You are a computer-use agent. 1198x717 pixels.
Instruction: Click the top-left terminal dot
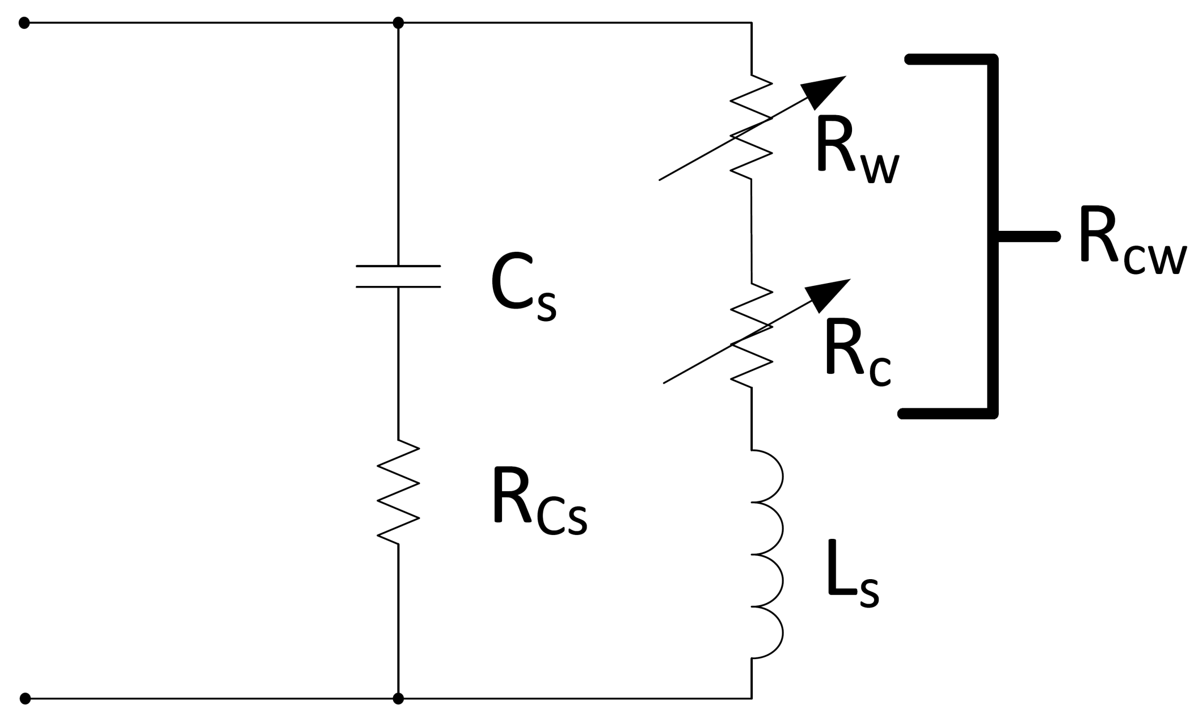point(24,23)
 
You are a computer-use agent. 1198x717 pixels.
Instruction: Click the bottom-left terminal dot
point(25,698)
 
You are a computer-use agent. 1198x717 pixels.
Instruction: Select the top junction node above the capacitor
point(398,23)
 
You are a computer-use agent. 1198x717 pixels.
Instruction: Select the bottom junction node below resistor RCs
point(398,698)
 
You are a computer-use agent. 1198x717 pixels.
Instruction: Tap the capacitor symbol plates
point(398,276)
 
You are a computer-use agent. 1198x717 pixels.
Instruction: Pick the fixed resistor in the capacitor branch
point(398,492)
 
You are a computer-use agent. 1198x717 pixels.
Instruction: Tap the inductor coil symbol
point(767,554)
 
